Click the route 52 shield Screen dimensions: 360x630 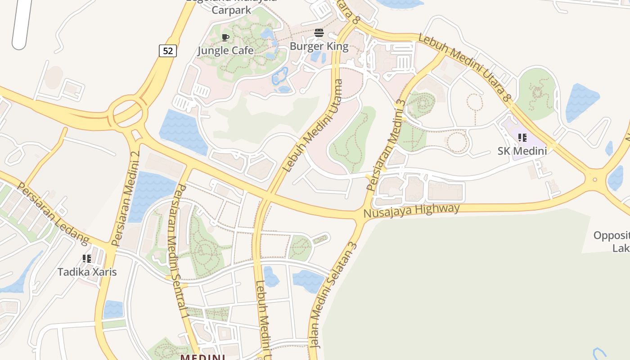(167, 51)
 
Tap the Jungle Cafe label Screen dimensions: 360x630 (225, 50)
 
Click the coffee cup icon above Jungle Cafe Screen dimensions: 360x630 (225, 37)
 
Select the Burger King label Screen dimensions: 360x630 (319, 46)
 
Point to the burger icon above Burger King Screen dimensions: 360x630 (319, 33)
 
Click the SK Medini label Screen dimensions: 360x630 (522, 151)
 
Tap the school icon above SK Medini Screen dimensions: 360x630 (522, 138)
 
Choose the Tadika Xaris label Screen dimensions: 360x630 (87, 272)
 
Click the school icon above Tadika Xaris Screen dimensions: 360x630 (87, 259)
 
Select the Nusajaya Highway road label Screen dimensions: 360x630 (411, 210)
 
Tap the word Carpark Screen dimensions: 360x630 (231, 9)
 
